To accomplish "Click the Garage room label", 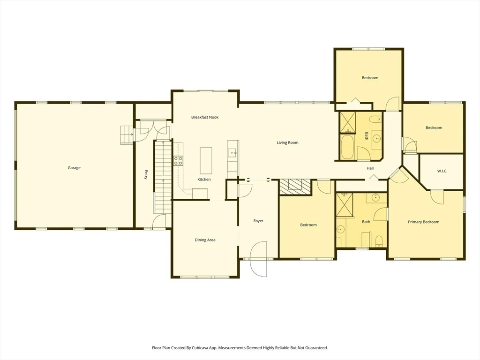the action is pos(74,168).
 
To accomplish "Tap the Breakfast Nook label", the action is pos(205,117).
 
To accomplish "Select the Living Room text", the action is pos(287,142).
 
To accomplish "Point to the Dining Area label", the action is pos(205,240).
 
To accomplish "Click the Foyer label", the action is pos(258,221).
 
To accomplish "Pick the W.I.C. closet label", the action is pos(442,171).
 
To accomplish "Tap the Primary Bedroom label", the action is pos(424,222).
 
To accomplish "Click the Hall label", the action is pos(370,168).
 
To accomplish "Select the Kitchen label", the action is pos(204,180).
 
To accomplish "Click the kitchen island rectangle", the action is pos(206,161).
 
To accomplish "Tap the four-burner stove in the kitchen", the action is pos(179,161).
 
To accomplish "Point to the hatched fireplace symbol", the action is pos(295,187).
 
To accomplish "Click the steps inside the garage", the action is pos(127,135).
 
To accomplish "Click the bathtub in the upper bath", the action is pos(347,147).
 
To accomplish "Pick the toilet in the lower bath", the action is pos(379,241).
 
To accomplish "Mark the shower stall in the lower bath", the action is pos(345,205).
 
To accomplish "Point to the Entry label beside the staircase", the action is pos(146,174).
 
